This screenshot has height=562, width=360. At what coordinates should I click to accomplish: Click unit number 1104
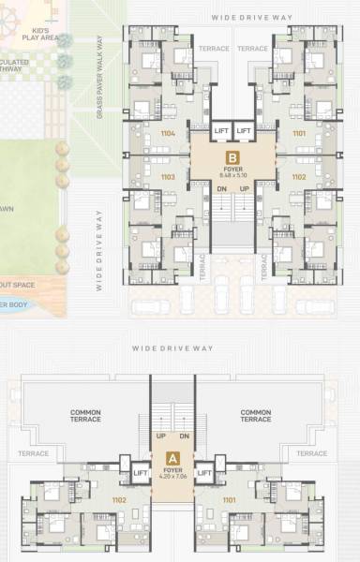click(x=168, y=134)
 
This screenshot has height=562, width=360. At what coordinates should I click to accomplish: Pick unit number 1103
click(x=168, y=176)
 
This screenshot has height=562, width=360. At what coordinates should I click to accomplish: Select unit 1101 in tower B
click(x=298, y=134)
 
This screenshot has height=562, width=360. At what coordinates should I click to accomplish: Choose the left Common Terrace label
click(x=86, y=416)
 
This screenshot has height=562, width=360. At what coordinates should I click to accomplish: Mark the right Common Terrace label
click(x=256, y=416)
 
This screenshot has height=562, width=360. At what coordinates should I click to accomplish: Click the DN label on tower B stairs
click(x=221, y=188)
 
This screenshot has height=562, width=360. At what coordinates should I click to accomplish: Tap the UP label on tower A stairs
click(x=161, y=436)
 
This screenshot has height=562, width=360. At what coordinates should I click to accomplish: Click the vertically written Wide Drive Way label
click(x=98, y=249)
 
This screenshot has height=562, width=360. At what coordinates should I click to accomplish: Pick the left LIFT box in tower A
click(x=141, y=474)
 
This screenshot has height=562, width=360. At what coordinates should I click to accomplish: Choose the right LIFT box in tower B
click(x=244, y=130)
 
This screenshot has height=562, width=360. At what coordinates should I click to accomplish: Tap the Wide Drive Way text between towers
click(x=172, y=348)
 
